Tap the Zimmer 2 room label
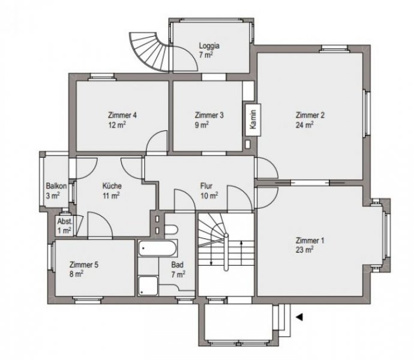coord(310,116)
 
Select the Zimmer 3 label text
coord(209,115)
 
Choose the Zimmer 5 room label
coord(84,264)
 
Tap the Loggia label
coord(209,44)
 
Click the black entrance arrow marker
coord(299,314)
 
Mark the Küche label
coord(112,186)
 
